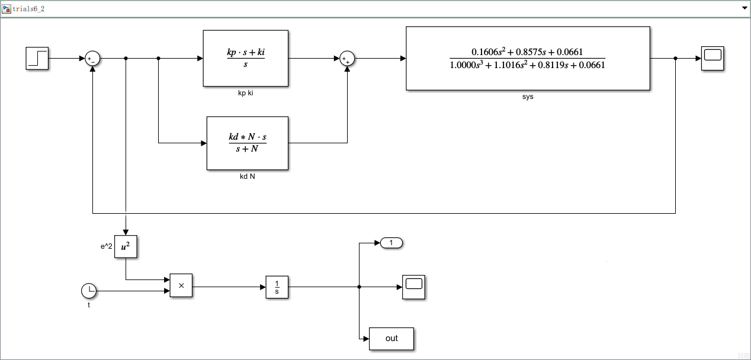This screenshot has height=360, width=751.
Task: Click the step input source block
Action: point(37,59)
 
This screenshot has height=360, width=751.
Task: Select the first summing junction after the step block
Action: point(92,59)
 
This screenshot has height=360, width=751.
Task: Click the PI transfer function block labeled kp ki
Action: point(245,58)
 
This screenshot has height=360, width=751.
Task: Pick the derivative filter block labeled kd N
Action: point(247,143)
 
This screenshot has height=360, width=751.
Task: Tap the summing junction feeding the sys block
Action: point(347,59)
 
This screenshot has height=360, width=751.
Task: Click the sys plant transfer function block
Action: point(528,58)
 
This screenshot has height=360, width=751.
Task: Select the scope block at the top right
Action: point(713,59)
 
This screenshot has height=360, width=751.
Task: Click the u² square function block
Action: point(126,247)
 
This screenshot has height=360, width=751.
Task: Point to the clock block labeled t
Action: point(89,291)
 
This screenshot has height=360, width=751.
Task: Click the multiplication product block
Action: point(181,285)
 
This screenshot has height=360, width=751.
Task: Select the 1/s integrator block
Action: point(277,287)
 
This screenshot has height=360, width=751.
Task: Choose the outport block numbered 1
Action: point(391,243)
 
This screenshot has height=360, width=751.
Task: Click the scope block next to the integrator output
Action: point(413,287)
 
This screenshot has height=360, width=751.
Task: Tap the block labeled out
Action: point(391,339)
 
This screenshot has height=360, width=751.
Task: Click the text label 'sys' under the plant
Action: point(528,97)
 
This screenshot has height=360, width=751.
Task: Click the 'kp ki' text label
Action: point(246,93)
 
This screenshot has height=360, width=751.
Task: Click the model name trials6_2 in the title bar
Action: point(29,8)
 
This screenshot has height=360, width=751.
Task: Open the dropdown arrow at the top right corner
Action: point(744,8)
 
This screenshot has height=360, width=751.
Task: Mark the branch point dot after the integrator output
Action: point(360,287)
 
